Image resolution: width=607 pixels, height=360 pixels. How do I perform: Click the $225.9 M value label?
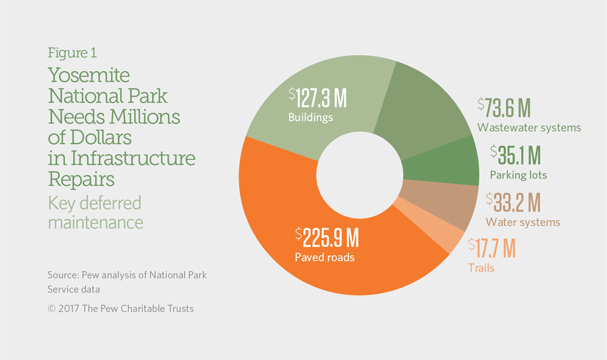tap(327, 237)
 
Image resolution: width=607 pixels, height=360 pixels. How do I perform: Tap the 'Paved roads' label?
tap(325, 258)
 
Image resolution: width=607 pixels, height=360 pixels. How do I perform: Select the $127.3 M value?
tap(318, 98)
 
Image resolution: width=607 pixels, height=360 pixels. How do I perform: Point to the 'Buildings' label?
tap(310, 117)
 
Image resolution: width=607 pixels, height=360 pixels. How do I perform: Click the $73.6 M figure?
tap(503, 107)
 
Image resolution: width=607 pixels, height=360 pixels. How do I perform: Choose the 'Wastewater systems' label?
tap(529, 128)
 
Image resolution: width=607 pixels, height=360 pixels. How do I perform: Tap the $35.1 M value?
tap(515, 155)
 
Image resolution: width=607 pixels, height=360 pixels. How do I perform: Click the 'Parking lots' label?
tap(518, 175)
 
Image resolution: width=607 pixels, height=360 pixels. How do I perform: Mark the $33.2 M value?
tap(513, 202)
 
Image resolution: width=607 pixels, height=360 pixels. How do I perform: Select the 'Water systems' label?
tap(523, 222)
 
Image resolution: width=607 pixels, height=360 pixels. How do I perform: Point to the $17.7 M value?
tap(492, 248)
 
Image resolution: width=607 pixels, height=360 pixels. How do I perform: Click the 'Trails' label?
tap(481, 268)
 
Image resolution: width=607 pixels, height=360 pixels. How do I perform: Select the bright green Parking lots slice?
tap(441, 163)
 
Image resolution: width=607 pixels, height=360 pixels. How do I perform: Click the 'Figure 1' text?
tap(72, 53)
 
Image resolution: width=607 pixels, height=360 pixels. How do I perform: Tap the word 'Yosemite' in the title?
tap(89, 75)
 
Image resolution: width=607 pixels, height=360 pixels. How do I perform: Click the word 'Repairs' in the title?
tap(82, 179)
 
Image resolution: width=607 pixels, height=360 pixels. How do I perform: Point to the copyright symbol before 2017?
tap(52, 309)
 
